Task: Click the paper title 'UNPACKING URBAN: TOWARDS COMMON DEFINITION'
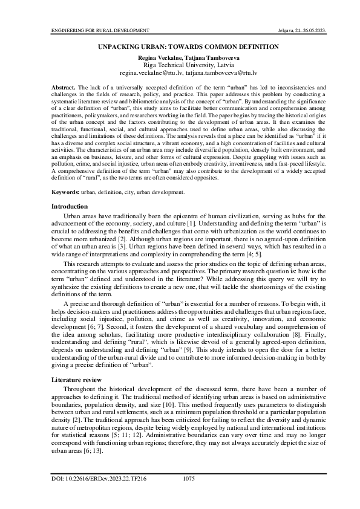point(180,47)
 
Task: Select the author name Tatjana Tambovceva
point(203,57)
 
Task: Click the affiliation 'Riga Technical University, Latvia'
point(180,64)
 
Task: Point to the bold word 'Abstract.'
point(63,88)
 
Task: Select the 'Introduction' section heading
point(70,207)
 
